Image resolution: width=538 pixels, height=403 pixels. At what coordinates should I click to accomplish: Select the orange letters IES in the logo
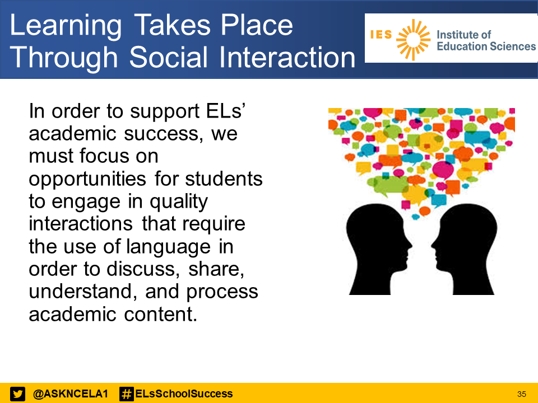381,35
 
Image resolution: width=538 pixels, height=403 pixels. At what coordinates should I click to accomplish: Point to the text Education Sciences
486,46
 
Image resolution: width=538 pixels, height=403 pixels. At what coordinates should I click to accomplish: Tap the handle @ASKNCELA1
71,394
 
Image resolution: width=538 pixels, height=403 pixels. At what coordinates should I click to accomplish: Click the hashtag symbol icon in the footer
127,394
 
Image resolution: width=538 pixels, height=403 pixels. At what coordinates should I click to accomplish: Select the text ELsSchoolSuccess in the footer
184,394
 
